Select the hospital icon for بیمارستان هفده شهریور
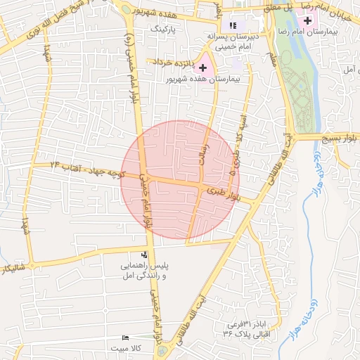(x=203, y=68)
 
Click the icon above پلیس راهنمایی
(x=144, y=255)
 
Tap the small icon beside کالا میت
(x=126, y=338)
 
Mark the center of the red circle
(x=181, y=180)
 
